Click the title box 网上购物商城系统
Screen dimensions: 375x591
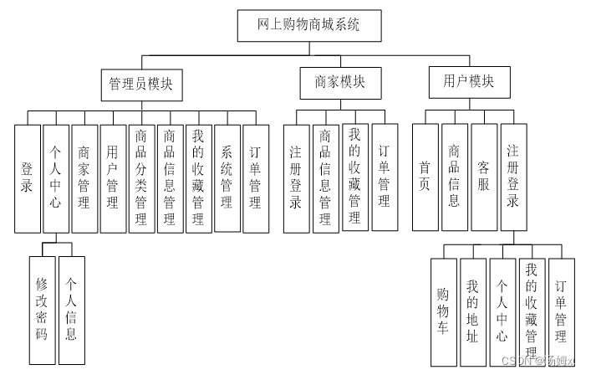coord(308,25)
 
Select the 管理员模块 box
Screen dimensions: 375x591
coord(142,84)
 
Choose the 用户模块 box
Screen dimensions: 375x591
coord(467,82)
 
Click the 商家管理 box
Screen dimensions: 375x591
coord(84,177)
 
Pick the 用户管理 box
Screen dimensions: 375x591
coord(112,177)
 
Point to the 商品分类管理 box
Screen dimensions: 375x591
coord(140,177)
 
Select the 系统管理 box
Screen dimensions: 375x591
coord(227,177)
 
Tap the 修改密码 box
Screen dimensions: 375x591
coord(42,310)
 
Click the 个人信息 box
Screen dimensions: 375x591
coord(72,310)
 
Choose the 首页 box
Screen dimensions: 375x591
coord(425,177)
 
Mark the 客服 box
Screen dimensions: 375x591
coord(484,177)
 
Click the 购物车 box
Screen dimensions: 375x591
coord(444,311)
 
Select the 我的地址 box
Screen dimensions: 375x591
coord(473,311)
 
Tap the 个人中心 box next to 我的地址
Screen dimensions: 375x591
coord(502,311)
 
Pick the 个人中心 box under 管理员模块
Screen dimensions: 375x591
coord(55,177)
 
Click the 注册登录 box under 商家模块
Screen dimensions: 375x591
coord(297,177)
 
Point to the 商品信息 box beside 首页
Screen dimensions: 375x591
coord(454,177)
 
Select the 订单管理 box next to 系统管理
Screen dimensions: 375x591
coord(255,177)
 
